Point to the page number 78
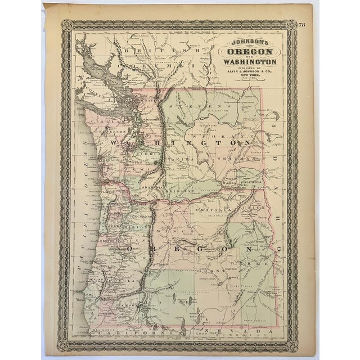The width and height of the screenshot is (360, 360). point(302,23)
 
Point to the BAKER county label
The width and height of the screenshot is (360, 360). point(254,263)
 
